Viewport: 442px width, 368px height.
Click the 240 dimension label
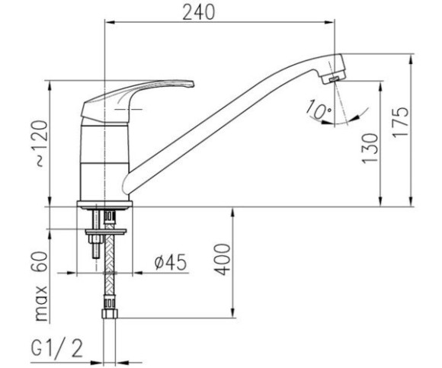coord(198,13)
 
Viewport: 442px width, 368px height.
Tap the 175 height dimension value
coord(400,123)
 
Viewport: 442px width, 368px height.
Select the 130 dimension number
coord(370,149)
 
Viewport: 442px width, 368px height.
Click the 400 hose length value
coord(222,259)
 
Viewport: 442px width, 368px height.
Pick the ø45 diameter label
coord(171,262)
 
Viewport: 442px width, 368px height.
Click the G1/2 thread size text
coord(57,348)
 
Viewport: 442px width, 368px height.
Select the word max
coord(41,303)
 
